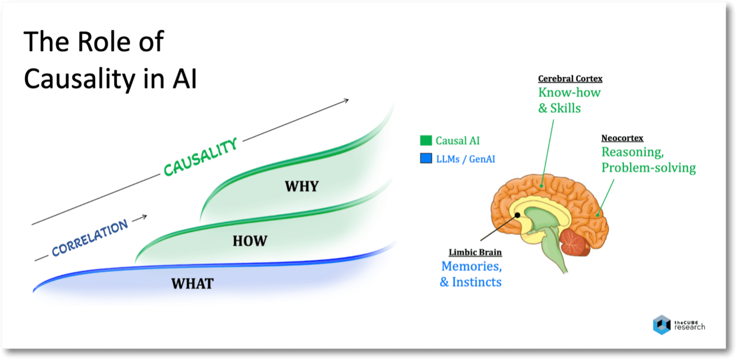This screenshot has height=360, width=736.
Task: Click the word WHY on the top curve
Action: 302,186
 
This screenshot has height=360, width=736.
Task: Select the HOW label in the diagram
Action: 250,241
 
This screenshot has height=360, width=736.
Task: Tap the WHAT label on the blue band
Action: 192,283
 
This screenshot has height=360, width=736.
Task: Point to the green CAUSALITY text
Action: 201,157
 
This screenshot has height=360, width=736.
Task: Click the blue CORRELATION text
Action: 90,238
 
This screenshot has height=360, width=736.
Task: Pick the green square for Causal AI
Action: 426,141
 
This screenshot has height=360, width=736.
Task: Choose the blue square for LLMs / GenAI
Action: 426,159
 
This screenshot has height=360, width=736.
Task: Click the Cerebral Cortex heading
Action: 570,79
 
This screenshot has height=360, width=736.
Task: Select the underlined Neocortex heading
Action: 622,138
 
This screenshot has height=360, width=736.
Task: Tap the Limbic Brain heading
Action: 475,252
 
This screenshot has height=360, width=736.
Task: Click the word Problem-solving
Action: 649,168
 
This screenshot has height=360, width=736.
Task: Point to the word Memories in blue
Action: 471,267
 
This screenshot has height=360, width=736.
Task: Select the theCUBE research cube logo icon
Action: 661,324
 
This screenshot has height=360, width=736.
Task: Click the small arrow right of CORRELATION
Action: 139,218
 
